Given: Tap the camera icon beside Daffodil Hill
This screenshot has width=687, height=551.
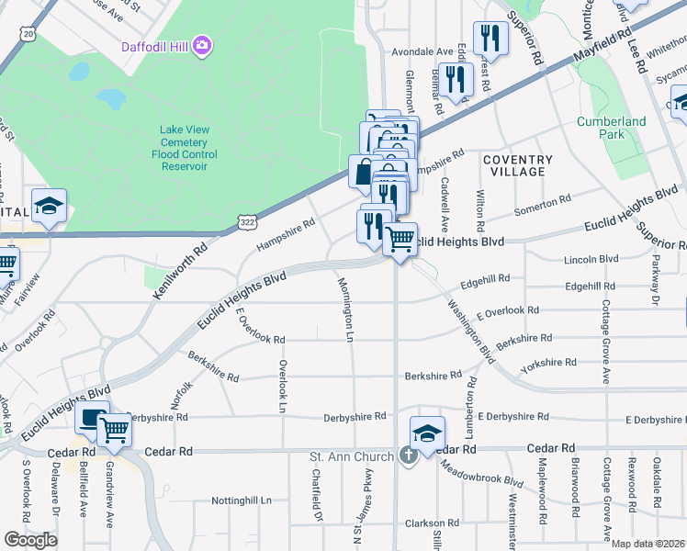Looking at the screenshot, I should (x=202, y=45).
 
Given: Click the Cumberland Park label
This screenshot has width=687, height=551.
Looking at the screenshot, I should (x=611, y=128).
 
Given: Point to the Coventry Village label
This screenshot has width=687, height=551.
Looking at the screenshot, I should (x=517, y=165).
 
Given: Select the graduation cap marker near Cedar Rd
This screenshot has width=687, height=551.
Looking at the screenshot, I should (x=427, y=434).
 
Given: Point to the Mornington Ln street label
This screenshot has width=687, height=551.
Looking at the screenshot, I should (x=347, y=309).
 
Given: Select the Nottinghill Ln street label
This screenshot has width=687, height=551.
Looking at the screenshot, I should (x=242, y=500).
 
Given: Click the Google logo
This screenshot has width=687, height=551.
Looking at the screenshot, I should (x=30, y=540).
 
